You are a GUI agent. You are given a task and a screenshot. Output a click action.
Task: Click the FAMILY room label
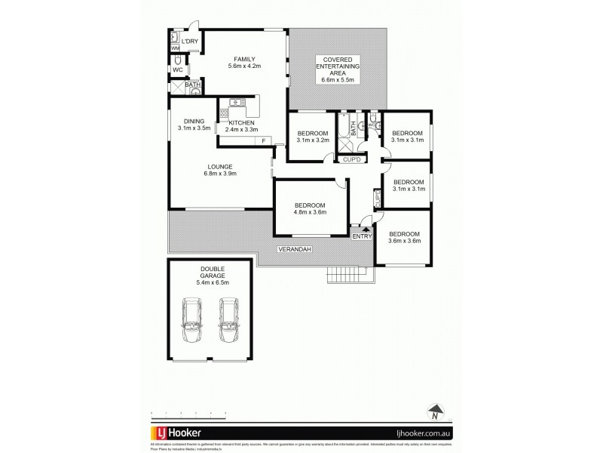(243, 59)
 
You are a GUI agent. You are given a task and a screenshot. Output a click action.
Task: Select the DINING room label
(194, 122)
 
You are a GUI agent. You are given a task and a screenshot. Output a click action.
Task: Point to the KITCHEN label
(241, 123)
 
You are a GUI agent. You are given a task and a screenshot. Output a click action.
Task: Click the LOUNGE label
(220, 167)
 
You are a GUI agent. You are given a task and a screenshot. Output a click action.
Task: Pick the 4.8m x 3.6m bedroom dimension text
(310, 211)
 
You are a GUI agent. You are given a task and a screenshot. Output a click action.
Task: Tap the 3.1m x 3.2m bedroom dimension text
(313, 140)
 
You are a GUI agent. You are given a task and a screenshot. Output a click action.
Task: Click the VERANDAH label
(295, 248)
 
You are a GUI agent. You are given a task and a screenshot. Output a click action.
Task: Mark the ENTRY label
(363, 237)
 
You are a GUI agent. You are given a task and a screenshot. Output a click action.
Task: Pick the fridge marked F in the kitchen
(264, 141)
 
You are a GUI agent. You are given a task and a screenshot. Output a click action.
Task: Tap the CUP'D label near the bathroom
(353, 160)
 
